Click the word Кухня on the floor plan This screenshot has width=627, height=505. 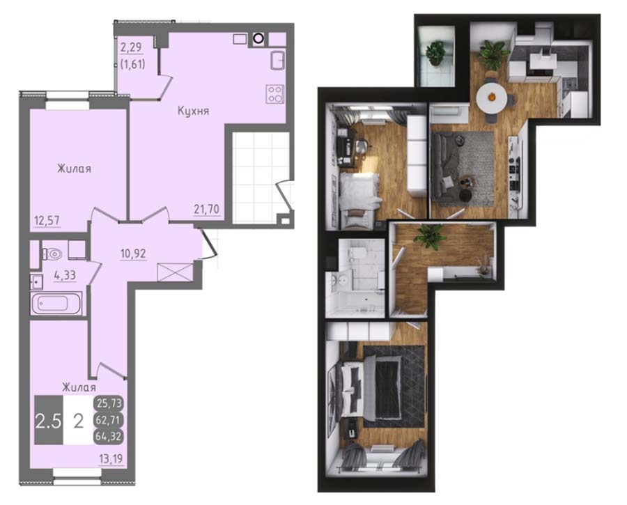(193, 111)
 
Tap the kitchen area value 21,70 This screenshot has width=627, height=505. (207, 209)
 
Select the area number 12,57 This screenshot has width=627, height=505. (47, 220)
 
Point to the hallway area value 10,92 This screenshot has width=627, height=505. (134, 253)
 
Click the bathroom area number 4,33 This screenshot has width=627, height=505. (65, 275)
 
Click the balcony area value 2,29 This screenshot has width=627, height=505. (131, 47)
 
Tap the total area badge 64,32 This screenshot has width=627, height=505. (109, 436)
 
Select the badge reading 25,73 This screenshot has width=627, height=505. (109, 403)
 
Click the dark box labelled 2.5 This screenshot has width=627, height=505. (49, 420)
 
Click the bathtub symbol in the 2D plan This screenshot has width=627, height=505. (56, 304)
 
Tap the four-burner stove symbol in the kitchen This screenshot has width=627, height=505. (275, 94)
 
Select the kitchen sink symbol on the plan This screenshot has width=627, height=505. (277, 61)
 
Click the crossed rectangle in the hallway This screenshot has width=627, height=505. (175, 272)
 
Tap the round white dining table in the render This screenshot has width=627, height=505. (492, 97)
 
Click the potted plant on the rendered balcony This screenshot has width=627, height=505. (435, 53)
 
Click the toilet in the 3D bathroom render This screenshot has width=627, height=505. (357, 254)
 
